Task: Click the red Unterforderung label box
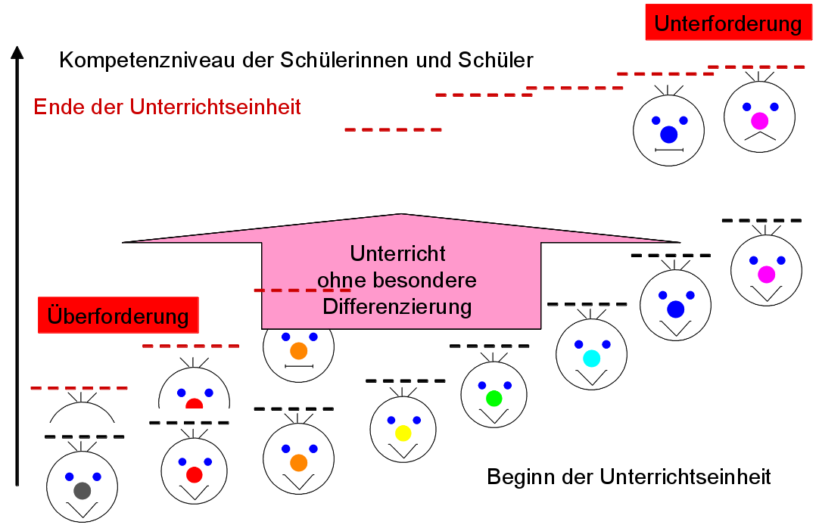[x=727, y=23]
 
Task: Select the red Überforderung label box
[x=118, y=315]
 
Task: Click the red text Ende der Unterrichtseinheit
[x=167, y=107]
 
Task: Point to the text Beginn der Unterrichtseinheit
[x=629, y=477]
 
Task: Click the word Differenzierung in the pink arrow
[x=397, y=306]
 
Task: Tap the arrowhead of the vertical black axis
[x=18, y=53]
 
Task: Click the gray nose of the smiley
[x=82, y=490]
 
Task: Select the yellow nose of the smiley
[x=403, y=433]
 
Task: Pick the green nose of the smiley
[x=494, y=398]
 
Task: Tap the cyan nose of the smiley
[x=591, y=359]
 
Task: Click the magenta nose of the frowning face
[x=759, y=121]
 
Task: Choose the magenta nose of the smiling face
[x=766, y=275]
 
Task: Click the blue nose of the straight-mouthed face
[x=669, y=135]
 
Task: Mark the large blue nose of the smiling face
[x=675, y=309]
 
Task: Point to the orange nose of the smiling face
[x=298, y=461]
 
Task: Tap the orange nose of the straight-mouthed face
[x=298, y=351]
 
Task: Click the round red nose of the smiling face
[x=195, y=475]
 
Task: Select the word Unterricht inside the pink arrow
[x=397, y=253]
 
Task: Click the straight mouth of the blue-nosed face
[x=669, y=151]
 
